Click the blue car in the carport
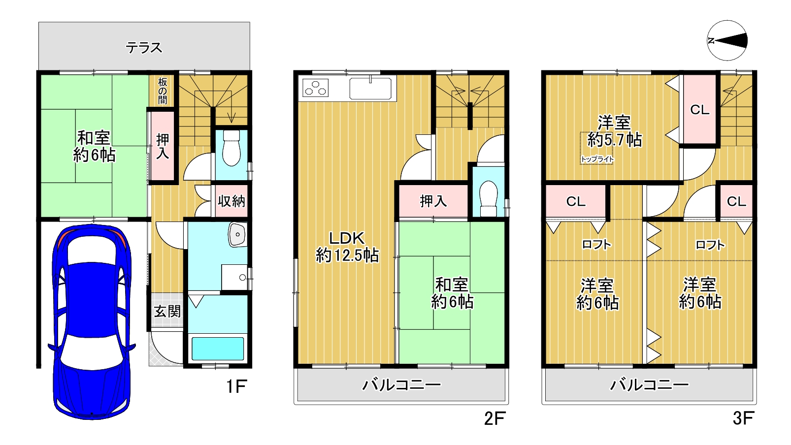point(92,321)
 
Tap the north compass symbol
point(727,40)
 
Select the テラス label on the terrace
point(144,47)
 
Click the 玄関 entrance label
point(167,311)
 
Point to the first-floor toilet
point(231,148)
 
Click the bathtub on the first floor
point(218,349)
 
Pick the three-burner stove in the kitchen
point(315,88)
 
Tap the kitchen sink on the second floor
point(370,88)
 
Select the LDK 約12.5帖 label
point(347,247)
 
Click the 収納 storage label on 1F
point(231,201)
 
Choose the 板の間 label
point(163,91)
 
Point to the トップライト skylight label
point(597,159)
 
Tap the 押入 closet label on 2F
point(433,201)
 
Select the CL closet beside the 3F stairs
point(699,110)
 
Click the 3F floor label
point(743,418)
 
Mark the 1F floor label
point(236,386)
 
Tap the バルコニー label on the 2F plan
point(401,384)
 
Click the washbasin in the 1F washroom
point(237,234)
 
